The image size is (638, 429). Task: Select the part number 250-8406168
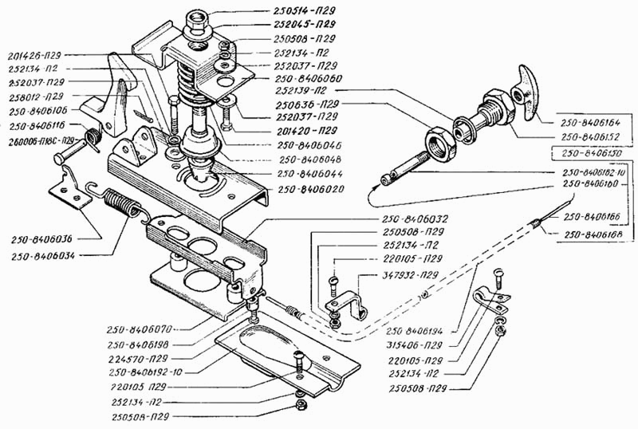[588, 234]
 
